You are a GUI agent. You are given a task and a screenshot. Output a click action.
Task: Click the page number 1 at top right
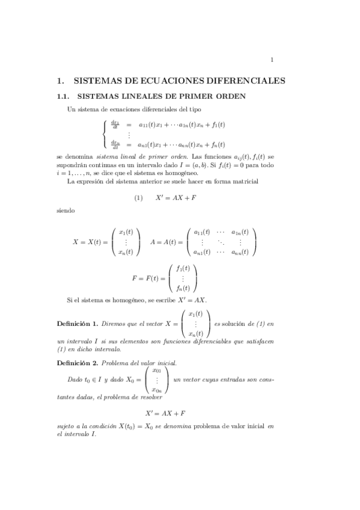pyautogui.click(x=272, y=59)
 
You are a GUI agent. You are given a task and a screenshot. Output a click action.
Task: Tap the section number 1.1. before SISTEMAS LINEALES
pyautogui.click(x=64, y=96)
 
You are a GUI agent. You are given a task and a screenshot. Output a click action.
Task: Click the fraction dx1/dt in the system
pyautogui.click(x=114, y=125)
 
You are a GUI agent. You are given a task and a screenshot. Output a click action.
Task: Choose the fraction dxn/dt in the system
pyautogui.click(x=114, y=144)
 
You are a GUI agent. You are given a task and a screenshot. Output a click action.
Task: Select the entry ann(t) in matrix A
pyautogui.click(x=240, y=252)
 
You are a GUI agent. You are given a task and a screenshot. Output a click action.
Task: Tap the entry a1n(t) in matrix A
pyautogui.click(x=240, y=232)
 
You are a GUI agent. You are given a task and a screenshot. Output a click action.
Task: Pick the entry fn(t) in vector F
pyautogui.click(x=182, y=288)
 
